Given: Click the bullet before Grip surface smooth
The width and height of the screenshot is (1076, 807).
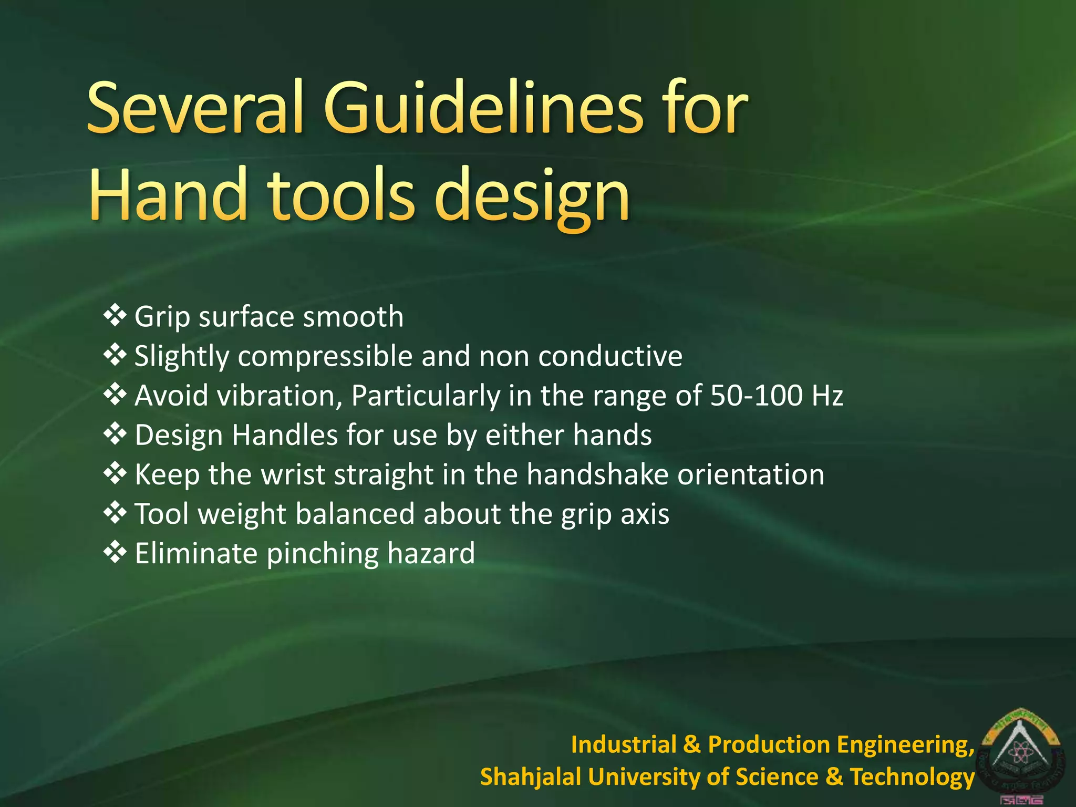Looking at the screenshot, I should click(x=115, y=316).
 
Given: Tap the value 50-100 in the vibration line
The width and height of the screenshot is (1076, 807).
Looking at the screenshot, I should click(x=756, y=396).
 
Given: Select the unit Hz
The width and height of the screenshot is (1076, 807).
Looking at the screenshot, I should click(x=827, y=396).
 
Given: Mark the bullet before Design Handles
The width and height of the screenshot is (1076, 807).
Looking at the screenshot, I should click(x=115, y=434).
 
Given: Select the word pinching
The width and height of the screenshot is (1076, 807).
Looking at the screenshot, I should click(x=323, y=554).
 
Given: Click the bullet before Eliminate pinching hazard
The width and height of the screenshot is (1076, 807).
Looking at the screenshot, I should click(x=115, y=552).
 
